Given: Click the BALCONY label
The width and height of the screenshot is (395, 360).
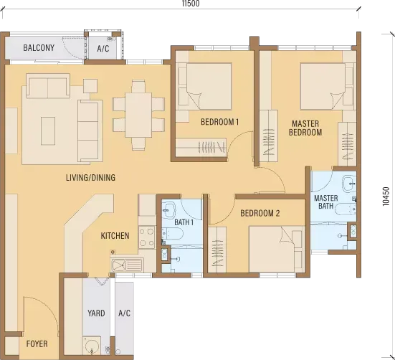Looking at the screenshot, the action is pos(39,47).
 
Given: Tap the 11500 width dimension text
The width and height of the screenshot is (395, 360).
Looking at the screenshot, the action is pos(191,4).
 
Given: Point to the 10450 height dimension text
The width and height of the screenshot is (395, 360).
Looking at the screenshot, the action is pos(386,196).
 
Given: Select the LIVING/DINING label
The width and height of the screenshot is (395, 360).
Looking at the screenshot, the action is pos(91,178).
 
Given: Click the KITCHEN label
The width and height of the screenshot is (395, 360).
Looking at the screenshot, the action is pos(115,236).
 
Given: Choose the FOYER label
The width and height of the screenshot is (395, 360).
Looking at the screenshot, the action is pos(37,344).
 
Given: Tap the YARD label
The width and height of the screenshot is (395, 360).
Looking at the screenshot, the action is pos(96,313).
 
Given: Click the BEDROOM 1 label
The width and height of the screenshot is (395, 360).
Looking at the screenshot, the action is pos(219,122).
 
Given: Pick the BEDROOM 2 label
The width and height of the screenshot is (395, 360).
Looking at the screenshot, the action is pos(260,213).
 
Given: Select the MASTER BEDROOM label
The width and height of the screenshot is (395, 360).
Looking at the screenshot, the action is pos(305,128).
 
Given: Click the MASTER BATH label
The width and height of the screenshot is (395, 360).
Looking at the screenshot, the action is pos(326,202).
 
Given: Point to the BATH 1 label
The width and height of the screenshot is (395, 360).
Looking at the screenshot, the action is pos(184,222).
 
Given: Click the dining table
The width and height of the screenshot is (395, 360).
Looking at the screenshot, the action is pos(138,115).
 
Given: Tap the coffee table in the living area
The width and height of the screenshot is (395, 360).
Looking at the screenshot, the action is pos(48,131).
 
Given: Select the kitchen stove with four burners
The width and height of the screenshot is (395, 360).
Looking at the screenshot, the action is pos(147,237).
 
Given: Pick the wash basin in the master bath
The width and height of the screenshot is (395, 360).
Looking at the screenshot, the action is pos(350,182).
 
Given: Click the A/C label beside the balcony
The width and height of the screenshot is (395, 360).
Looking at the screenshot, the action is pos(103,48).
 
